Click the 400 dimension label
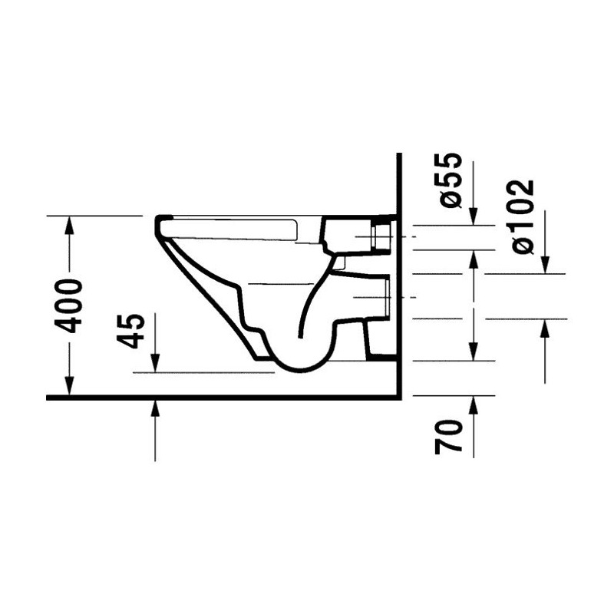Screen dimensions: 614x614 pyautogui.click(x=69, y=305)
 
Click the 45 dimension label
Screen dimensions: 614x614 pyautogui.click(x=131, y=331)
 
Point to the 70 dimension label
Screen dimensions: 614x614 pyautogui.click(x=449, y=437)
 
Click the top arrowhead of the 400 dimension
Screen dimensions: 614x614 pyautogui.click(x=69, y=225)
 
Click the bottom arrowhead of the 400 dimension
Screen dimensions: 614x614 pyautogui.click(x=69, y=386)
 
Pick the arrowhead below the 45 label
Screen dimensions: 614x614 pyautogui.click(x=156, y=363)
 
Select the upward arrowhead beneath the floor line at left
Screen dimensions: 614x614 pyautogui.click(x=156, y=410)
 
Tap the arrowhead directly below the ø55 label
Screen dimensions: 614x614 pyautogui.click(x=474, y=216)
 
